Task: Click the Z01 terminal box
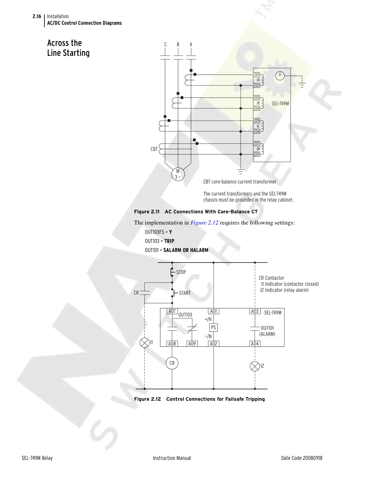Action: tap(256, 75)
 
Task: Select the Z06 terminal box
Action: tap(256, 131)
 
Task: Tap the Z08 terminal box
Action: tap(256, 154)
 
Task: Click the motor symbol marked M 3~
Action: tap(178, 174)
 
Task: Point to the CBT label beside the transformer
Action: tap(154, 149)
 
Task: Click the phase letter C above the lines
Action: tap(165, 44)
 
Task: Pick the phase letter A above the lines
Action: tap(191, 44)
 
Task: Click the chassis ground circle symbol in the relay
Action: tap(280, 75)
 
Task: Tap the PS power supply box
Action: tap(213, 327)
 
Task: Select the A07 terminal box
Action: tap(172, 311)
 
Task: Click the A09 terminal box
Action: tap(192, 344)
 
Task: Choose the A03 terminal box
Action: tap(255, 311)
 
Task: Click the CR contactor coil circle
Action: tap(172, 363)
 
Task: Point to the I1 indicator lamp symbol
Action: tap(145, 343)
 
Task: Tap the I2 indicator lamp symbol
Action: tap(255, 366)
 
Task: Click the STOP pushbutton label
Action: tap(181, 272)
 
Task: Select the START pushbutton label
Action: tap(185, 293)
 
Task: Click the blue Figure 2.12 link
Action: tap(204, 223)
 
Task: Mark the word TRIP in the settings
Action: tap(169, 241)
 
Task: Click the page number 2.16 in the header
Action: tap(37, 16)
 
